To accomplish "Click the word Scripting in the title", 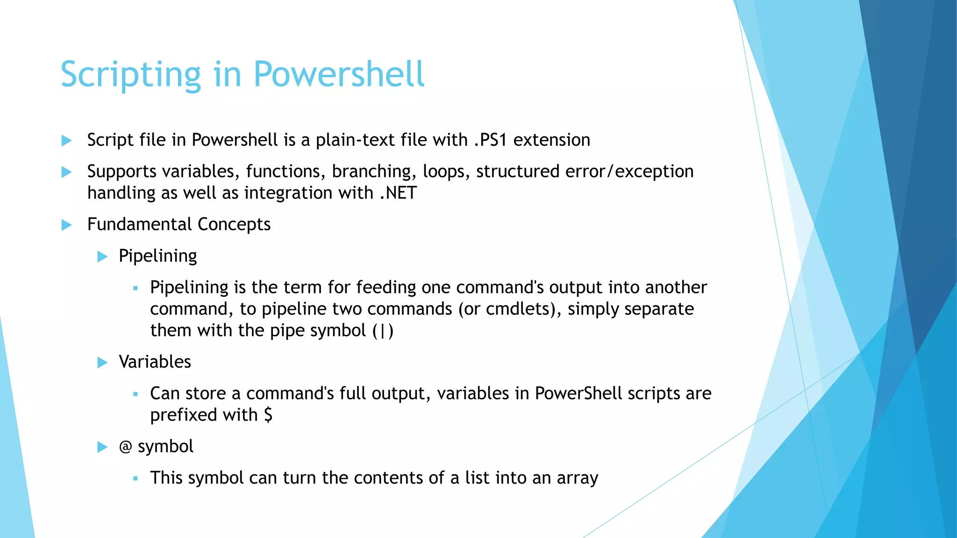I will point(131,75).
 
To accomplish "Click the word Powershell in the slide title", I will point(339,75).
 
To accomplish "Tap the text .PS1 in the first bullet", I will point(490,140).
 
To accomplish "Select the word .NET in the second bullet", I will point(398,193).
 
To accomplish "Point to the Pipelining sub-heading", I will point(157,256).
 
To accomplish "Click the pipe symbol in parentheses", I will point(383,331).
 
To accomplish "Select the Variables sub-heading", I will point(155,362).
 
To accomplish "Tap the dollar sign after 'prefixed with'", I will point(268,415).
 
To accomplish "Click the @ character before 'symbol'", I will point(125,447).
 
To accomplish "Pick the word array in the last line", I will point(577,478).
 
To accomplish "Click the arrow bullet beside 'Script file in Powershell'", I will point(67,141).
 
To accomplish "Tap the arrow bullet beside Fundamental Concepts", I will point(67,225).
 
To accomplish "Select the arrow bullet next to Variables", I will point(102,362).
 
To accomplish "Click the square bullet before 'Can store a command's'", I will point(136,394).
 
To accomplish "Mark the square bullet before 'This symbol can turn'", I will point(136,479).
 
